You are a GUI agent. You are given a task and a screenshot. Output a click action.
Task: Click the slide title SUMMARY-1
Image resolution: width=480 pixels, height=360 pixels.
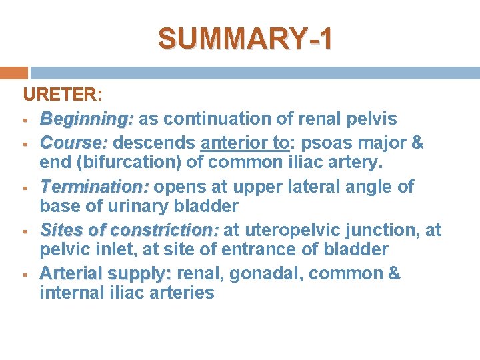(244, 38)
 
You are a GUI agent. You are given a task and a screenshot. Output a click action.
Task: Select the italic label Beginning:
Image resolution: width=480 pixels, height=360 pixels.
(87, 119)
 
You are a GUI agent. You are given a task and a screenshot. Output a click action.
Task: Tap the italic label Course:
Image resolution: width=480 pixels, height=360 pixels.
(73, 143)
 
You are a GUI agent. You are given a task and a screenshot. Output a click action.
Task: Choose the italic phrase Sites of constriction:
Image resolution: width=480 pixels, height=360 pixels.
(129, 231)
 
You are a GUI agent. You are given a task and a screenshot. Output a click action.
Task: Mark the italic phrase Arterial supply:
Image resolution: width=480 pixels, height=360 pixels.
(105, 274)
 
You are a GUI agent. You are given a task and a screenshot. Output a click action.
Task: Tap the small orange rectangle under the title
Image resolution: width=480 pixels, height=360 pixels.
(14, 73)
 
